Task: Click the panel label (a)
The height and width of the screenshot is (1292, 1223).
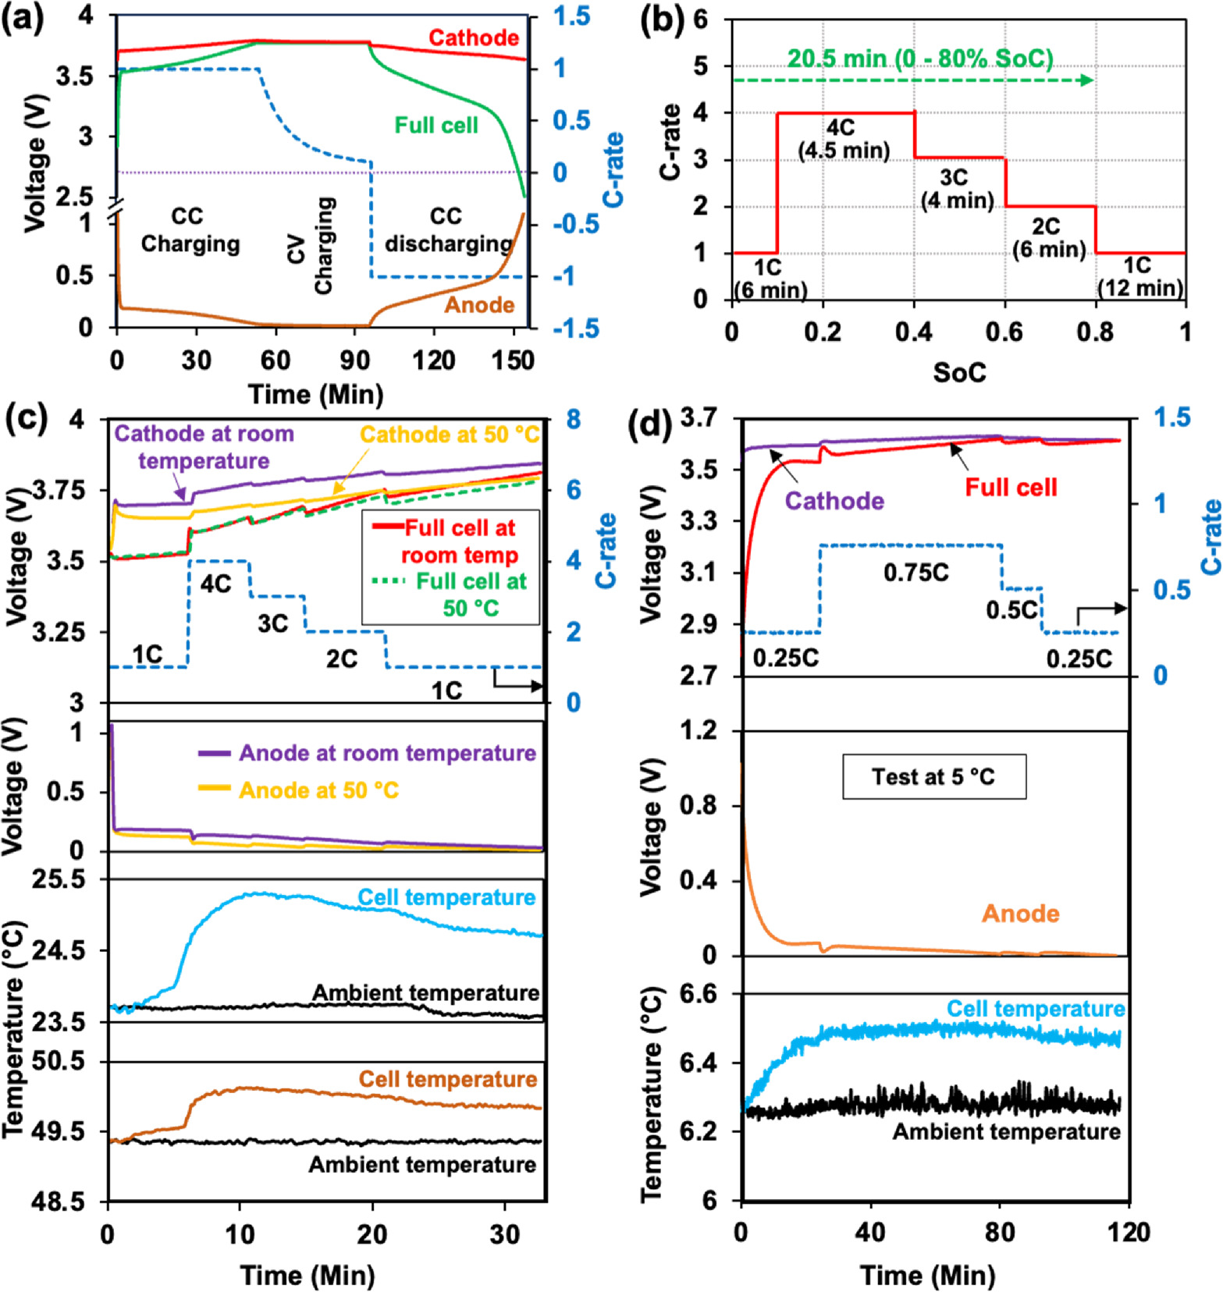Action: tap(23, 17)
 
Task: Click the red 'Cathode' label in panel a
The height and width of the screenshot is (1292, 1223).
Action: tap(473, 37)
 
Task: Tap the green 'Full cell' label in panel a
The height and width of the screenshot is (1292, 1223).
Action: tap(436, 126)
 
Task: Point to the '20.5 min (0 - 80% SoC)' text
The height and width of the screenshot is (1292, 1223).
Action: tap(920, 59)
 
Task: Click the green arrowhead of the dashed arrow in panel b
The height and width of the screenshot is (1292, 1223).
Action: tap(1086, 80)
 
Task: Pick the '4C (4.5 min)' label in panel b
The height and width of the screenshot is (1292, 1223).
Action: tap(843, 139)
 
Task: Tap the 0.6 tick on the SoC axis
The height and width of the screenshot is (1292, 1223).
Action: tap(1004, 332)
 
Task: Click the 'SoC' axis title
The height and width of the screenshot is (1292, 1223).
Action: tap(958, 373)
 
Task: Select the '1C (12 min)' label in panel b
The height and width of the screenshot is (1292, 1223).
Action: tap(1139, 277)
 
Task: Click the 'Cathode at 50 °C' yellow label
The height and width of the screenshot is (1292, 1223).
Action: tap(450, 435)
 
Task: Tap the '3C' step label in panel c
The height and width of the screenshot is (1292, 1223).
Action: tap(273, 623)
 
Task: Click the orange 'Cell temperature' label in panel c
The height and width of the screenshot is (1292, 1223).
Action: tap(447, 1079)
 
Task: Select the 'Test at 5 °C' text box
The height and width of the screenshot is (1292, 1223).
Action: tap(933, 777)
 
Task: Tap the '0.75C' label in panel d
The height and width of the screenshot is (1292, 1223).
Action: tap(915, 573)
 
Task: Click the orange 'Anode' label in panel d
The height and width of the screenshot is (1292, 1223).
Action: tap(1020, 914)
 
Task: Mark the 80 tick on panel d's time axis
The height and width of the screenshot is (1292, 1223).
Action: tap(999, 1233)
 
